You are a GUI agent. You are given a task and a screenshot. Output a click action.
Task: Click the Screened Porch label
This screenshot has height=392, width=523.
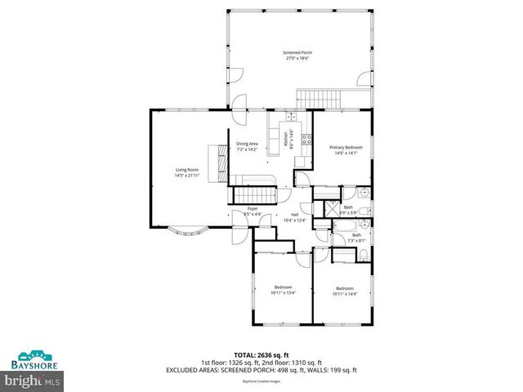298,52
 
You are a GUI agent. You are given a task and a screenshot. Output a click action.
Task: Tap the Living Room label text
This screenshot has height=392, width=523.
186,169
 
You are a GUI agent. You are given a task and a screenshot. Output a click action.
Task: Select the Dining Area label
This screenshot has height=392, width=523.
247,144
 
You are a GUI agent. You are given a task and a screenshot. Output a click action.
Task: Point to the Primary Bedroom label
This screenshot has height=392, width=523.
344,147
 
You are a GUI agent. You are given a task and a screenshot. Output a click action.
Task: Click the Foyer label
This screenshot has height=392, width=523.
253,210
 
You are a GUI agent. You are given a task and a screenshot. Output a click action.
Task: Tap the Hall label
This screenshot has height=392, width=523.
294,215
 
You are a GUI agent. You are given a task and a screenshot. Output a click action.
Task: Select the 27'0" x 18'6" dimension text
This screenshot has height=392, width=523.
298,59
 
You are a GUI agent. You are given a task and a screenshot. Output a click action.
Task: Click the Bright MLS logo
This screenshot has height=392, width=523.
33,380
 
